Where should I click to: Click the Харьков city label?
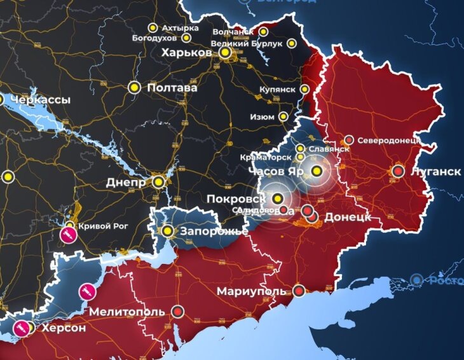(186, 53)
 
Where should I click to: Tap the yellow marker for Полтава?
(134, 88)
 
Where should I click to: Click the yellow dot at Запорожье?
(167, 232)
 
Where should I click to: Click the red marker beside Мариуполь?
(299, 292)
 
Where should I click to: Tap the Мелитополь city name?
(127, 312)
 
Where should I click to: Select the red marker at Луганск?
(398, 171)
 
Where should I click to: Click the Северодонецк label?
(388, 140)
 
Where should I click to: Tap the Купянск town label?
(278, 90)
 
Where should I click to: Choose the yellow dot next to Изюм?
(284, 117)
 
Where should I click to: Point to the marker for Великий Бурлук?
(291, 44)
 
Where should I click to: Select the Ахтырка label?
(180, 28)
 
